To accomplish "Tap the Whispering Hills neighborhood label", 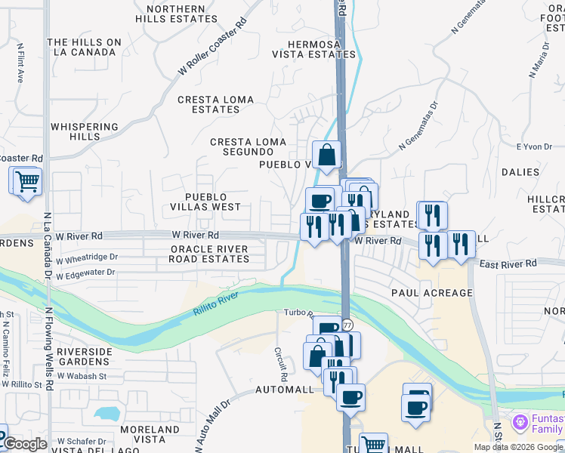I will (x=85, y=132).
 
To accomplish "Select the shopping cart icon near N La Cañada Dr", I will (x=26, y=180).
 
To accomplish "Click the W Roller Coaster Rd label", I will (x=213, y=47).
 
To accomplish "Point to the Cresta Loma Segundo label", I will (x=248, y=146).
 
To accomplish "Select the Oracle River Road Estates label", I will (x=210, y=254).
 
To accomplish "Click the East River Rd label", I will (x=507, y=263).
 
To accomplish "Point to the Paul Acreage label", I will (x=431, y=292).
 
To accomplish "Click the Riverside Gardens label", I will (x=84, y=356).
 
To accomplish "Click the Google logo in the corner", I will (x=25, y=444).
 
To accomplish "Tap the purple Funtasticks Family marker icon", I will (x=519, y=421).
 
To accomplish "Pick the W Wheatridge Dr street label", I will (x=87, y=257).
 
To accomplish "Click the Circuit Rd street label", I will (x=281, y=365).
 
